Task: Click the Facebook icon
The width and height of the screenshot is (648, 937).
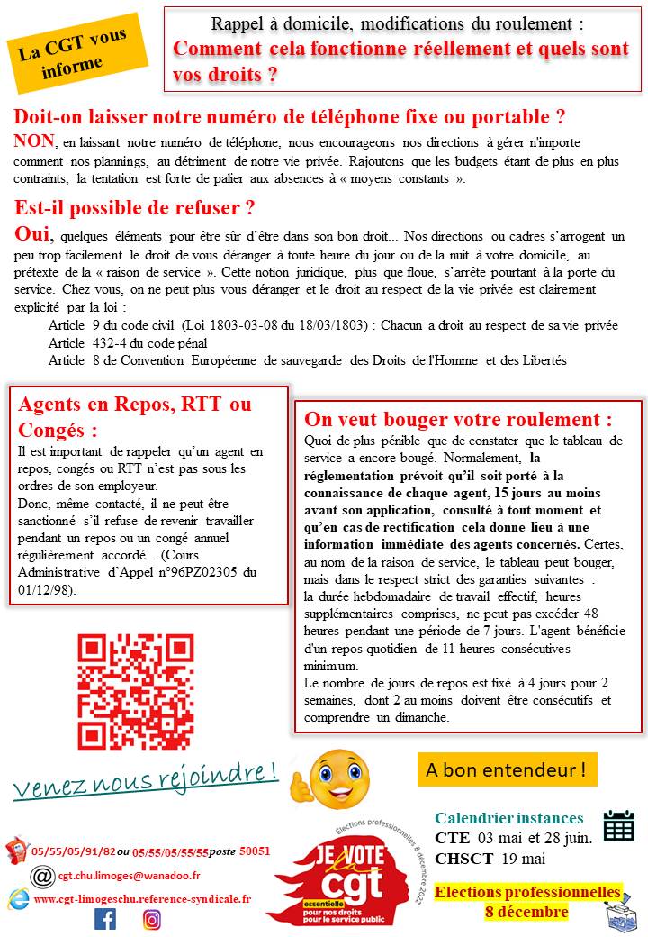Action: coord(105,919)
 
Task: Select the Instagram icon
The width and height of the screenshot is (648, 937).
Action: coord(152,919)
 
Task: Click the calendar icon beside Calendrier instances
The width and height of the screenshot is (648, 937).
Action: coord(618,824)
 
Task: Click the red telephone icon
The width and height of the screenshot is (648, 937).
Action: coord(17,850)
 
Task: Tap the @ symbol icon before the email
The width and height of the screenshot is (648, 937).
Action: coord(41,876)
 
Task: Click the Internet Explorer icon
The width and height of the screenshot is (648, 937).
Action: coord(18,898)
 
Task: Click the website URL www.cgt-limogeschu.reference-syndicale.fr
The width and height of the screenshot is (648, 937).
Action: coord(142,898)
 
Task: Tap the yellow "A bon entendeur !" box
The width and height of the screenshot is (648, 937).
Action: coord(507,770)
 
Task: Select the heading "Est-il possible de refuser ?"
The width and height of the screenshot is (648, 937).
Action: coord(135,208)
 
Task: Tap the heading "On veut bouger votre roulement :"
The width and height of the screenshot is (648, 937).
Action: coord(458,419)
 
